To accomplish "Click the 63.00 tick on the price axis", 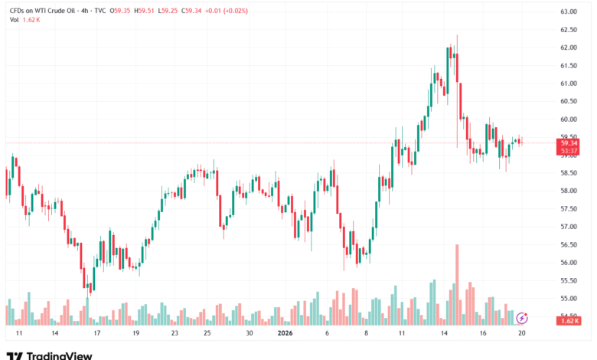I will [568, 12].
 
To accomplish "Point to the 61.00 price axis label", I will [568, 83].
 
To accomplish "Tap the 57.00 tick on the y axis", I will [568, 227].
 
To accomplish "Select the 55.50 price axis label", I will [568, 280].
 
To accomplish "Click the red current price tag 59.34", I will [569, 142].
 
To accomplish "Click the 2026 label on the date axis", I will [284, 334].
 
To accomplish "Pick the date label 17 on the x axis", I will [96, 334].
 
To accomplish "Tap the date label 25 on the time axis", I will [207, 334].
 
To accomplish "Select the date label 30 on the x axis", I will [249, 334].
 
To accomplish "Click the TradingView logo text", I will [60, 355].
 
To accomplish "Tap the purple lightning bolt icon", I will [523, 317].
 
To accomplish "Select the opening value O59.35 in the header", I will [121, 11].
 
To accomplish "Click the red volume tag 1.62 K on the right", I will [569, 321].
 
